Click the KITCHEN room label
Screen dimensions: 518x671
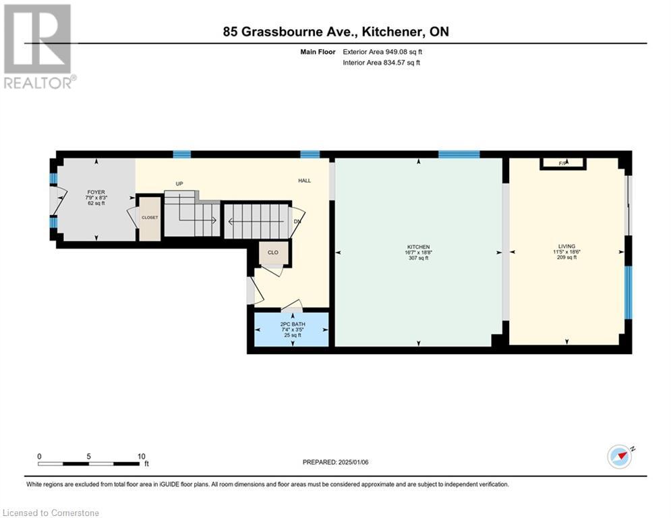[418, 247]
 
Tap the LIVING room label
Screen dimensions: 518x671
[566, 246]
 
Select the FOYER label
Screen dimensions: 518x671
[96, 192]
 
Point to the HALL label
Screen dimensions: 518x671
[305, 180]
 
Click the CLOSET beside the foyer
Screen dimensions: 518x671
[150, 218]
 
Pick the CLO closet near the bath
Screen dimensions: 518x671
[273, 252]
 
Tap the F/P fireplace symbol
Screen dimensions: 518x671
[564, 163]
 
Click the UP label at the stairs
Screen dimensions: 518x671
[179, 183]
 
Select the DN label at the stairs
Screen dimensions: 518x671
[297, 221]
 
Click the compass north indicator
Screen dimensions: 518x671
[620, 456]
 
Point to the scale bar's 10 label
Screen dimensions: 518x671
[141, 456]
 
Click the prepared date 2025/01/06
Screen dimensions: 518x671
[335, 462]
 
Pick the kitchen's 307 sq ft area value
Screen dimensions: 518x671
[418, 258]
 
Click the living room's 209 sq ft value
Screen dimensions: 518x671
[566, 258]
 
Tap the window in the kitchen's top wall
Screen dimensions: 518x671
[459, 154]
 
